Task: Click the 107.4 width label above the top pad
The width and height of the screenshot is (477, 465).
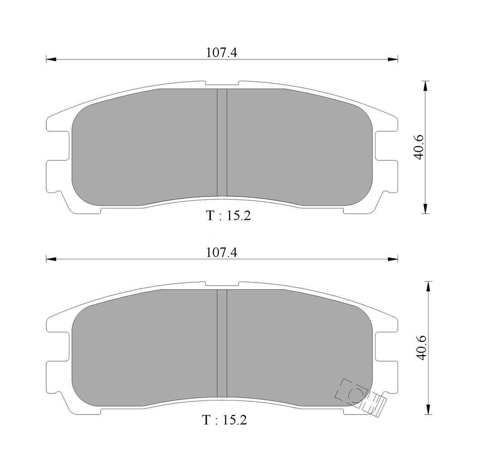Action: click(x=221, y=53)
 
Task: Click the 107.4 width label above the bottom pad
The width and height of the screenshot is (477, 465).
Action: click(x=221, y=252)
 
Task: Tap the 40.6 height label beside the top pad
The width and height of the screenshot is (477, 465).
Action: click(x=419, y=147)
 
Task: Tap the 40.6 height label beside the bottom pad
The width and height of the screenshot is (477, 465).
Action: click(x=422, y=348)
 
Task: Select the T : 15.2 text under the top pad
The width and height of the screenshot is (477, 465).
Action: click(x=229, y=216)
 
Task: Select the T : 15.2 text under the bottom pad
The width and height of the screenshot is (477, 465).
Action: click(x=224, y=420)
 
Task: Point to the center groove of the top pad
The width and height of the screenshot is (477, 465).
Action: click(x=222, y=142)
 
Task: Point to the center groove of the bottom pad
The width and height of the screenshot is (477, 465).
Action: click(x=222, y=343)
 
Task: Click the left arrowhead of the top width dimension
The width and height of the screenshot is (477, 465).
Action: click(x=51, y=59)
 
